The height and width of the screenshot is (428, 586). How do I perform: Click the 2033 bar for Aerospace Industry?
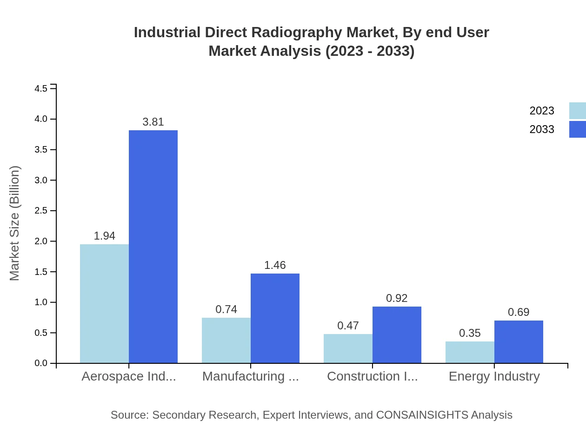tap(153, 247)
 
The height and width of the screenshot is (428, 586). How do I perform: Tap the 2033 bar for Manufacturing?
tap(275, 318)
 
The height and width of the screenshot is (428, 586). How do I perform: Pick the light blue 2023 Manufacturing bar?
tap(226, 340)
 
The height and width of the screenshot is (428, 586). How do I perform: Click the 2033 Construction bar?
tap(397, 334)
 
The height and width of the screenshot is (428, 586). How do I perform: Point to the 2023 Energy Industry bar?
tap(470, 352)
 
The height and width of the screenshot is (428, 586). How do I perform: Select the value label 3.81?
tap(153, 122)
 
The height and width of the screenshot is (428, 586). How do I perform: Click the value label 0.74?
tap(226, 309)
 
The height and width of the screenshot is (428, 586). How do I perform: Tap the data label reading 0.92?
tap(397, 298)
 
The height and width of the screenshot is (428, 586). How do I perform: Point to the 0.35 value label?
tap(470, 333)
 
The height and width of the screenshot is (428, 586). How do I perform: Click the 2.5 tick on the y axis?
tap(42, 211)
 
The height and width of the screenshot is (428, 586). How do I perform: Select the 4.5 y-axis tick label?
tap(42, 88)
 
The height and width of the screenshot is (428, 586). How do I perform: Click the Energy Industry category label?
tap(494, 376)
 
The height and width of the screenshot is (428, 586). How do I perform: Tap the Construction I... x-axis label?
tap(373, 376)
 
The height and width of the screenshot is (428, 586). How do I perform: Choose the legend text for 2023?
tap(542, 111)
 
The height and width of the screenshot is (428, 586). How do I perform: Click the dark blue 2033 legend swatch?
tap(577, 129)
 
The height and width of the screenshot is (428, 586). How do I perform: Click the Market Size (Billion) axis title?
tap(15, 223)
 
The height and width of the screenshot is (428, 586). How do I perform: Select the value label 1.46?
tap(275, 265)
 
